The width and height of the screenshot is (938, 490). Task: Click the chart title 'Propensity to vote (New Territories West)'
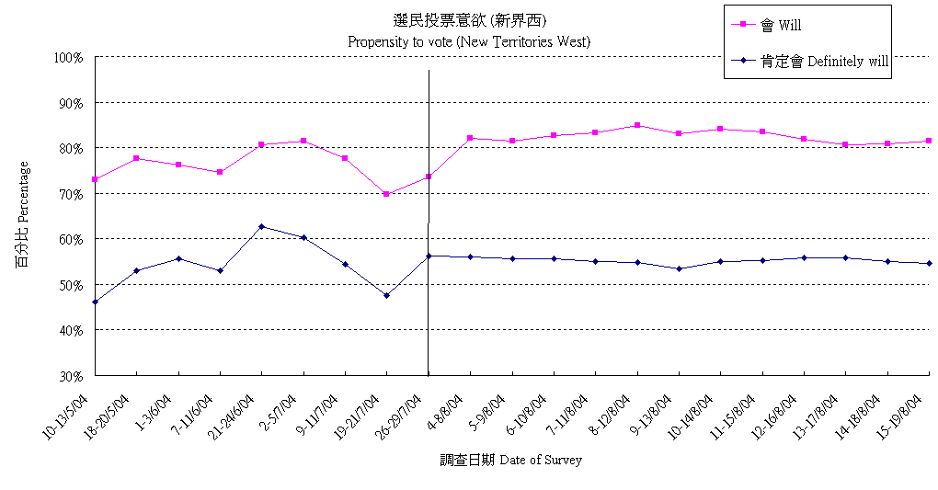point(469,41)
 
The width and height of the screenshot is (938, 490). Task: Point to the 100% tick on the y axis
point(69,57)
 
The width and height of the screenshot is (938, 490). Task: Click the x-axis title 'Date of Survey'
point(510,460)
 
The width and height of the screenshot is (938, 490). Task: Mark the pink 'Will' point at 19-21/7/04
point(386,194)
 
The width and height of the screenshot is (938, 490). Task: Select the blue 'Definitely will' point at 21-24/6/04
point(262,226)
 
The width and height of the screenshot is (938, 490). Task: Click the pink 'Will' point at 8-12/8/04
point(637,125)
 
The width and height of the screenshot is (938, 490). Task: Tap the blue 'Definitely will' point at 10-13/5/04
point(95,302)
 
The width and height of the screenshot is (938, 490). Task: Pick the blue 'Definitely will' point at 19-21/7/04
point(386,295)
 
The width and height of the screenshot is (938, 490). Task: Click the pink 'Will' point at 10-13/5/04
point(95,179)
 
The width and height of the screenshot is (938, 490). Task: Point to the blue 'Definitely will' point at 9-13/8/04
point(679,268)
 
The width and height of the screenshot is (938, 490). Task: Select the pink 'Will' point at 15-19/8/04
point(930,141)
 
